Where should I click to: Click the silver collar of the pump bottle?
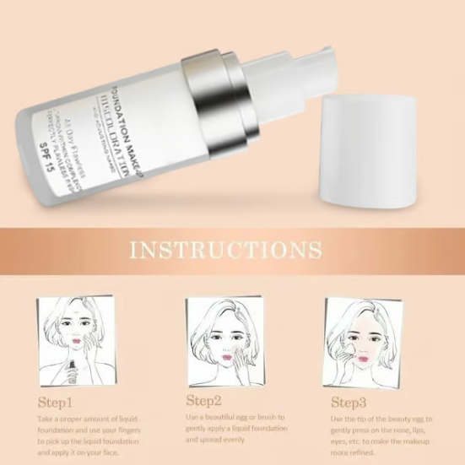click(212, 98)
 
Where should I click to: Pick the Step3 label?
click(349, 402)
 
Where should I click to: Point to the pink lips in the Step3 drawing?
click(363, 359)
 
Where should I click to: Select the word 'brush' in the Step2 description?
click(268, 417)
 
